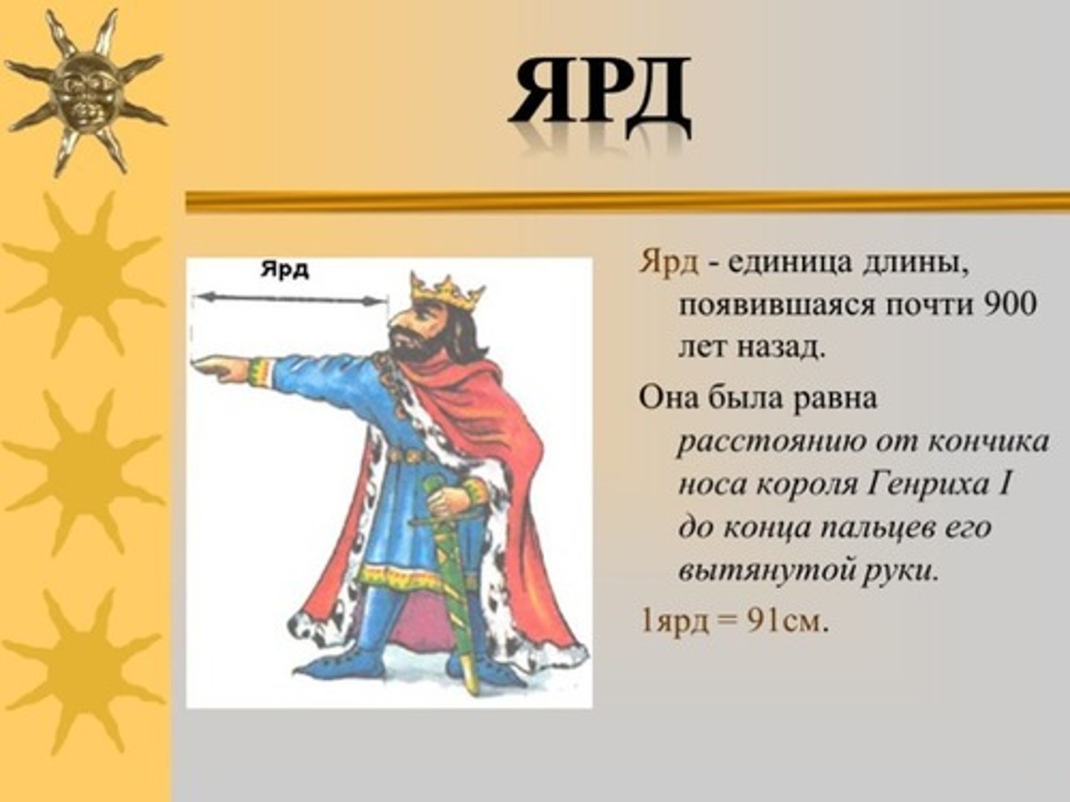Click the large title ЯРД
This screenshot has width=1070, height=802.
pos(600,91)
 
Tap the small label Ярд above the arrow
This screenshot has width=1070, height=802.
pos(285,270)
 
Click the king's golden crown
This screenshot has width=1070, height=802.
pos(446,292)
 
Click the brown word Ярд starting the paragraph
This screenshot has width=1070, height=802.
pos(668,264)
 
